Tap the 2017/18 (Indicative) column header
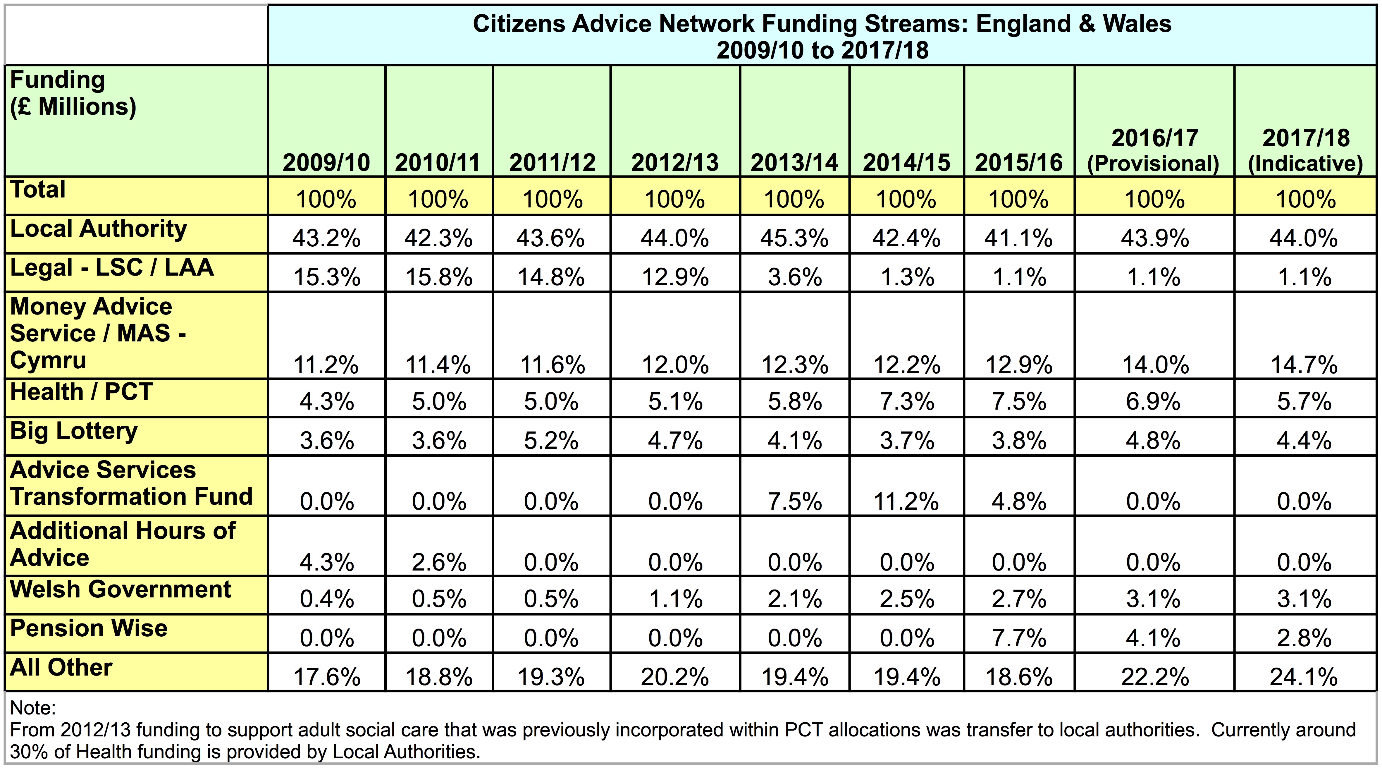click(1305, 151)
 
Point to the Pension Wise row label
click(89, 628)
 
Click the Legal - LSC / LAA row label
click(112, 268)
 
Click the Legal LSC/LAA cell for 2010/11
click(439, 277)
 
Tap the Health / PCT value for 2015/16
click(1019, 401)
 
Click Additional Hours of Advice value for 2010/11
click(439, 562)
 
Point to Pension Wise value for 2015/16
click(1019, 638)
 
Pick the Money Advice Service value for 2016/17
click(1156, 365)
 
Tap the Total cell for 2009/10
click(326, 200)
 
